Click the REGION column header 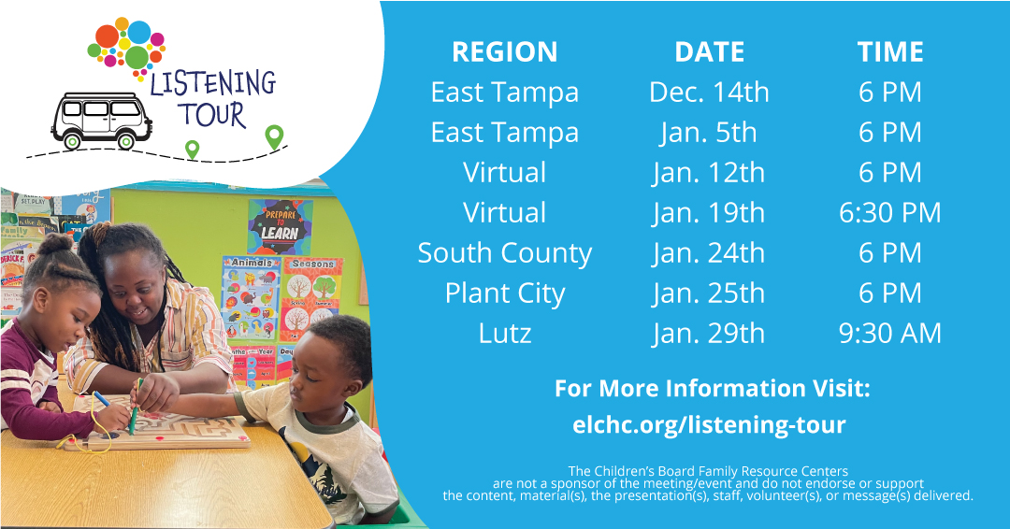pyautogui.click(x=504, y=51)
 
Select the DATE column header pyautogui.click(x=709, y=51)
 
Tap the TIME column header pyautogui.click(x=889, y=51)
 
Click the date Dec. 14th pyautogui.click(x=709, y=92)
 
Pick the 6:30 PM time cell pyautogui.click(x=889, y=213)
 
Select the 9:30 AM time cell pyautogui.click(x=889, y=334)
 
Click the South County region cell pyautogui.click(x=504, y=253)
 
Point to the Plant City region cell pyautogui.click(x=504, y=293)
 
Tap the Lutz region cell pyautogui.click(x=504, y=334)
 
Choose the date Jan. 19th pyautogui.click(x=709, y=213)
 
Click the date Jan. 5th pyautogui.click(x=709, y=133)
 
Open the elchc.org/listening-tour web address pyautogui.click(x=709, y=425)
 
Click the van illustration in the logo pyautogui.click(x=101, y=120)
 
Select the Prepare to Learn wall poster pyautogui.click(x=280, y=225)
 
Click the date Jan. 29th pyautogui.click(x=709, y=334)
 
